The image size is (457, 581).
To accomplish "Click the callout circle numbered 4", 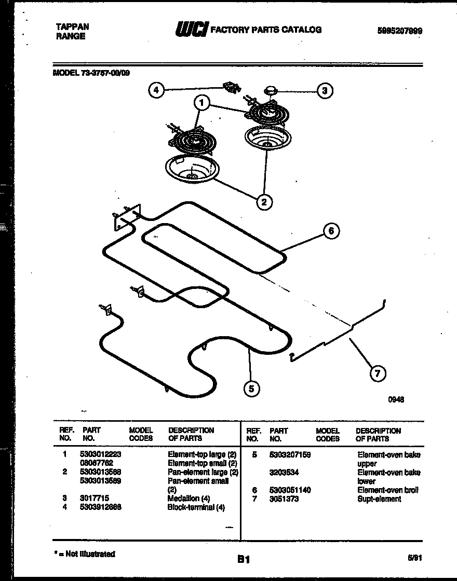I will (155, 90).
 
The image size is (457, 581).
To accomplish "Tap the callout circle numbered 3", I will (325, 91).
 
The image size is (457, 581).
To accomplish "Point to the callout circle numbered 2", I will (264, 202).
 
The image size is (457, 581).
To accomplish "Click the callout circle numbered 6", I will (331, 231).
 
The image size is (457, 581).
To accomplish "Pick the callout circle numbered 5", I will (251, 388).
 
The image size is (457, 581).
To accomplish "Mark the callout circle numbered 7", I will (378, 373).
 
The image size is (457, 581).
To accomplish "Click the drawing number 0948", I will (396, 399).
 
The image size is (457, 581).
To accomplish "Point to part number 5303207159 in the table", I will (290, 455).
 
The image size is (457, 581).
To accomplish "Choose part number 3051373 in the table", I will (284, 499).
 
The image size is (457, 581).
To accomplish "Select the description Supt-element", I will (379, 499).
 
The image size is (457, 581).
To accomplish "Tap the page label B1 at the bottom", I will (244, 559).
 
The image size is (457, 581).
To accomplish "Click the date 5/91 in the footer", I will (414, 558).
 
